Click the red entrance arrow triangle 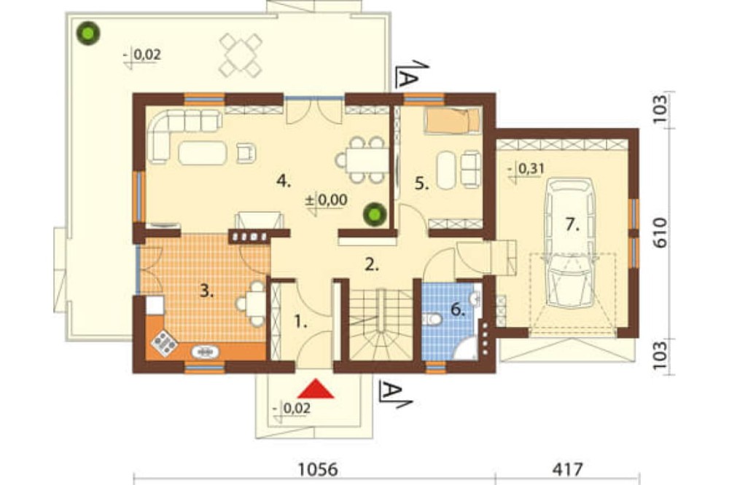pos(316,390)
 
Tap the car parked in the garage pos(569,242)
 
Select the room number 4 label pos(283,181)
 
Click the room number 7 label pos(572,225)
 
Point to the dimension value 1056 pos(319,469)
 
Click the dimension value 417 pos(567,469)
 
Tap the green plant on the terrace pos(88,34)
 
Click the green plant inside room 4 pos(375,214)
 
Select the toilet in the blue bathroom pos(433,320)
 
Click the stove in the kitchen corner pos(164,344)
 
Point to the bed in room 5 pos(452,121)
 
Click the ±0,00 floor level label pos(327,201)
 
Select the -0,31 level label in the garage pos(526,169)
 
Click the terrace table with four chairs pos(241,55)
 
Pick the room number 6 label pos(458,309)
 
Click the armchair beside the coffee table pos(246,153)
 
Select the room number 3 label pos(207,292)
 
